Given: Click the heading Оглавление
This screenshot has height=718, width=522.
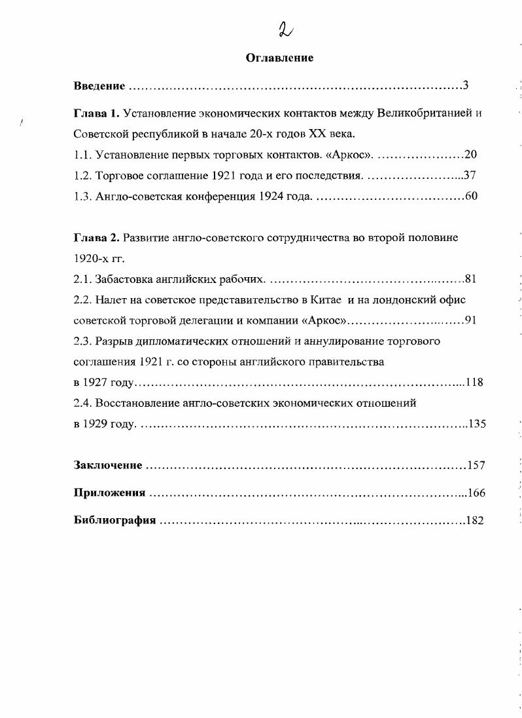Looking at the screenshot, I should click(x=279, y=58).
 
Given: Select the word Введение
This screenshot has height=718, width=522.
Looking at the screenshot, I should click(x=99, y=86).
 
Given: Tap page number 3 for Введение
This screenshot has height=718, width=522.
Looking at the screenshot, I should click(x=466, y=85).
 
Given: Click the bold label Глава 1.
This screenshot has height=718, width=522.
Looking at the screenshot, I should click(x=97, y=113).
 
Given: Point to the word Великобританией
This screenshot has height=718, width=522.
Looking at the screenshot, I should click(x=425, y=113).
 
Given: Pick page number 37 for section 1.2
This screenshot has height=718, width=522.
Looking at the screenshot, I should click(x=471, y=176).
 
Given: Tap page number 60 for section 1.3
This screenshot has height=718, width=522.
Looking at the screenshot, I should click(x=471, y=197).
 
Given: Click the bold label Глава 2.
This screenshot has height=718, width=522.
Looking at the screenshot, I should click(x=97, y=237).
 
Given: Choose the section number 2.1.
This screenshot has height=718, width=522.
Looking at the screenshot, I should click(x=82, y=279).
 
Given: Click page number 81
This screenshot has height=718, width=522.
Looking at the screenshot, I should click(x=471, y=279).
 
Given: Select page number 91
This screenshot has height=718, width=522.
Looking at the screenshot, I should click(x=471, y=320).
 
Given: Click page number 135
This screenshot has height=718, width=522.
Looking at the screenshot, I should click(x=476, y=424).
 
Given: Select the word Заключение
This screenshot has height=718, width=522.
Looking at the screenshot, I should click(x=108, y=465).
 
